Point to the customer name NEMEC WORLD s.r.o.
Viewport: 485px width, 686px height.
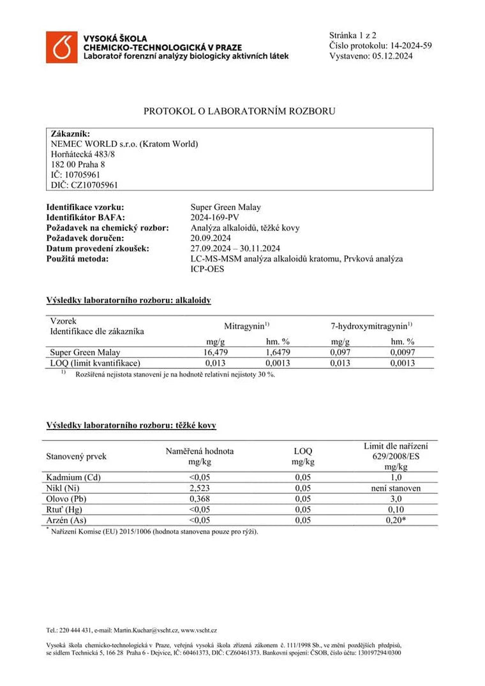click(91, 144)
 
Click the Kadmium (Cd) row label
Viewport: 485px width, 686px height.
click(74, 477)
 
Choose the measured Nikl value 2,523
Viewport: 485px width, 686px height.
click(200, 488)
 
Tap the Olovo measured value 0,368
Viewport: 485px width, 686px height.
click(200, 499)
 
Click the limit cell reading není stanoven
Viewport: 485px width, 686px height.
click(396, 488)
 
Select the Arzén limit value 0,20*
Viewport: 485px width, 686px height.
click(396, 520)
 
